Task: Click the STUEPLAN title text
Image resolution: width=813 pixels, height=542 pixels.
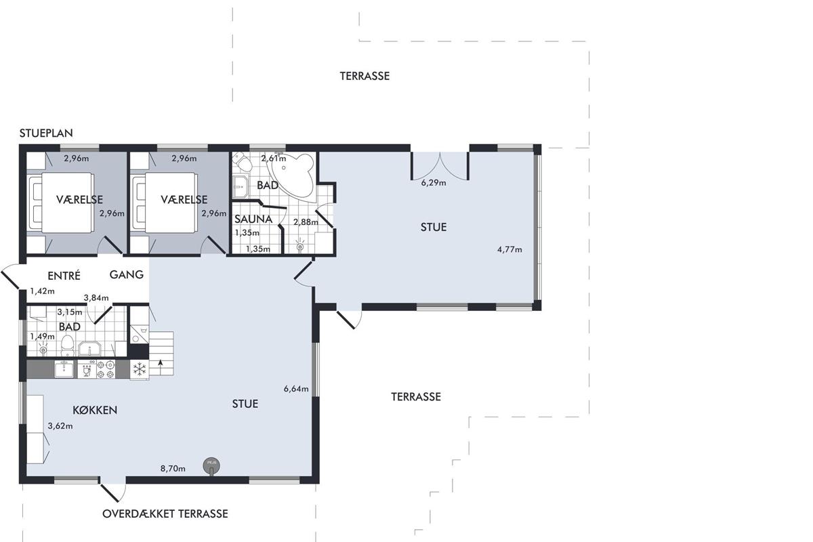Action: (46, 133)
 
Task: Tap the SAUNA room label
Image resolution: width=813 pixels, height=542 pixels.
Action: (253, 220)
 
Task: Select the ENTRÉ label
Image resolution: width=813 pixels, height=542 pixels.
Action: (64, 276)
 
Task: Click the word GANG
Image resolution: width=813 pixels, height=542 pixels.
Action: (127, 274)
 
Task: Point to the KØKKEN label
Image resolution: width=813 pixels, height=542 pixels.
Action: (95, 410)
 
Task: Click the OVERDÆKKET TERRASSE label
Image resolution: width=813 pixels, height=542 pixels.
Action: (165, 514)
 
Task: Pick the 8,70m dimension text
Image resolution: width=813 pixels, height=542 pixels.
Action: (173, 469)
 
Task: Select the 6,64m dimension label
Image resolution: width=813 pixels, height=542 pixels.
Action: (296, 389)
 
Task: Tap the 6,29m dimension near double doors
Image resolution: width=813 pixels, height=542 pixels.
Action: (434, 183)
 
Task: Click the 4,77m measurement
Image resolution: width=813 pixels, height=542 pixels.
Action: (509, 249)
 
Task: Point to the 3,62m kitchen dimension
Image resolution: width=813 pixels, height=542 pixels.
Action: (60, 426)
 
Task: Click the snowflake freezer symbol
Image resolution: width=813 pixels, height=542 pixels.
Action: (140, 369)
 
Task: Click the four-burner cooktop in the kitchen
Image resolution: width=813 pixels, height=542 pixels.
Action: (106, 369)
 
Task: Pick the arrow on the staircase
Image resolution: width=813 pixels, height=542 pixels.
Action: (160, 363)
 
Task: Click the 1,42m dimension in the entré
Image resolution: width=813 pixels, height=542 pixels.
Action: (43, 291)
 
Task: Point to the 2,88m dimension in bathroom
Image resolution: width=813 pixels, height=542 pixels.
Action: (306, 222)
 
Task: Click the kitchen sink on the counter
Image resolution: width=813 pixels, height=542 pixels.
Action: (64, 369)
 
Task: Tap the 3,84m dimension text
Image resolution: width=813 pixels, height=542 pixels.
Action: (96, 298)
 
